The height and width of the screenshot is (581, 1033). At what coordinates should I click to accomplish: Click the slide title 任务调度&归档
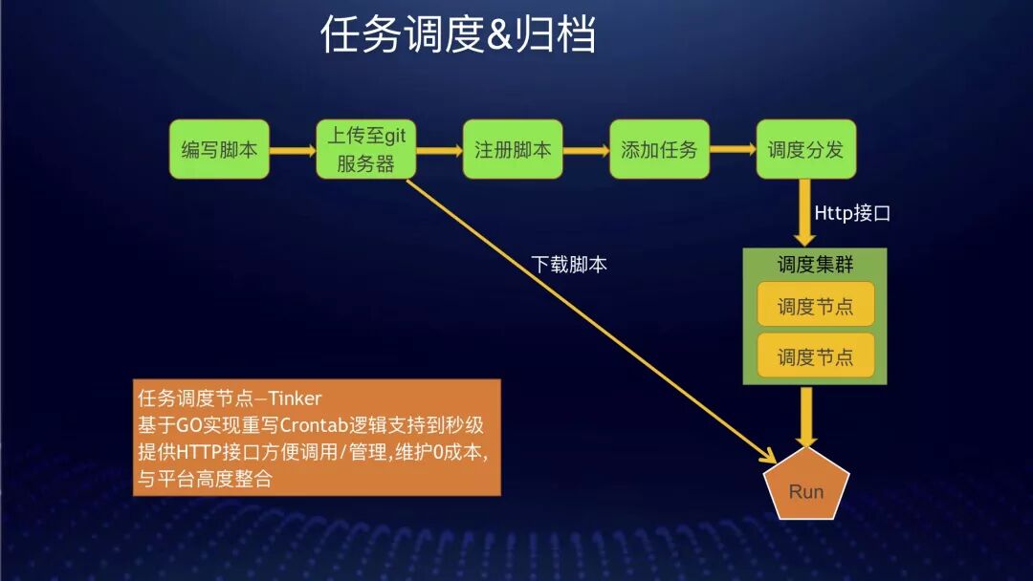tap(458, 35)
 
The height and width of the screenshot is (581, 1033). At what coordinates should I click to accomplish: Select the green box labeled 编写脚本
tap(220, 149)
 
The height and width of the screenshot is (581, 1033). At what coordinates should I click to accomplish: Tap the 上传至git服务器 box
tap(366, 149)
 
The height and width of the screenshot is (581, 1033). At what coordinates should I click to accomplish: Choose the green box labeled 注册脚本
tap(513, 149)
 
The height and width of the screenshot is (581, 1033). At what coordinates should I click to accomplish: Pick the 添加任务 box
tap(659, 149)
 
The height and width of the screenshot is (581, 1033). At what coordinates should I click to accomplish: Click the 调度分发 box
tap(805, 149)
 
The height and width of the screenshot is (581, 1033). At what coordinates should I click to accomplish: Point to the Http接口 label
tap(851, 213)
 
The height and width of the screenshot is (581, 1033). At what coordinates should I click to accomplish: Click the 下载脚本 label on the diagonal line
tap(569, 265)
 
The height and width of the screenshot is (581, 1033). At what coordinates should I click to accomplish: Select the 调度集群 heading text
tap(815, 264)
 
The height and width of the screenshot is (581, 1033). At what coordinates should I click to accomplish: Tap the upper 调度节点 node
tap(815, 306)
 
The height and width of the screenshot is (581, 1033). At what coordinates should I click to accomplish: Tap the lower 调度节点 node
tap(815, 356)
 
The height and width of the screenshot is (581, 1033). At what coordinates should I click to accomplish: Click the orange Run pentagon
tap(806, 490)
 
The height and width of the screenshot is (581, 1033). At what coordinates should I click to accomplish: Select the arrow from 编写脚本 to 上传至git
tap(293, 150)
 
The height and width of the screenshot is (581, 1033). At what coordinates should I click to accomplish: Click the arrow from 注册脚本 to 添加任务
tap(585, 150)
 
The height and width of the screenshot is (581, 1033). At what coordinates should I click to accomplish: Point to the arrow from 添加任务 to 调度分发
tap(732, 150)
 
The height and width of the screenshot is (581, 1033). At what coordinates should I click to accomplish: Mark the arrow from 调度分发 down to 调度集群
tap(806, 215)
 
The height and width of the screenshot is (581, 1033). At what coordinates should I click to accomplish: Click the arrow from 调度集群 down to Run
tap(807, 417)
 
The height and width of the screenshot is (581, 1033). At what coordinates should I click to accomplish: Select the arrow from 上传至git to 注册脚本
tap(439, 150)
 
